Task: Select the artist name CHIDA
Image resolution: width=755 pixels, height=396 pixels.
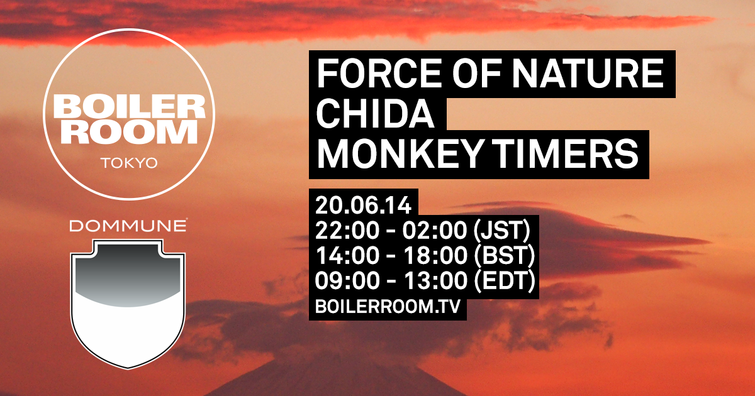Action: click(x=376, y=114)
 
